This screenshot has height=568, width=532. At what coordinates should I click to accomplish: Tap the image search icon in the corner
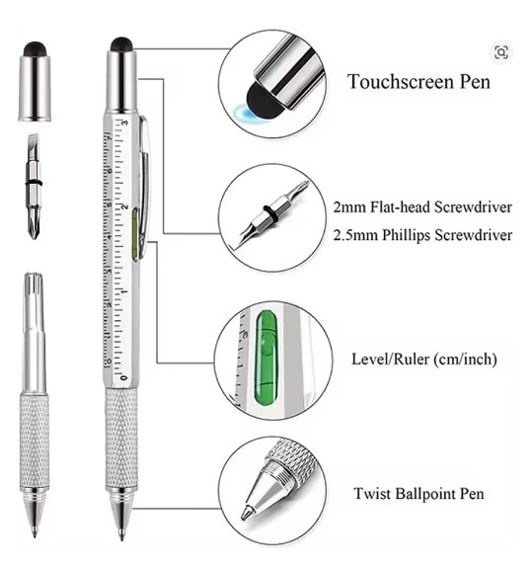pyautogui.click(x=501, y=52)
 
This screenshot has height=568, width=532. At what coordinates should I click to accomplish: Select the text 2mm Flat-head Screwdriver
pyautogui.click(x=422, y=207)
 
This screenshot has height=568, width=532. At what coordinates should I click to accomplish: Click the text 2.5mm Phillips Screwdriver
pyautogui.click(x=422, y=235)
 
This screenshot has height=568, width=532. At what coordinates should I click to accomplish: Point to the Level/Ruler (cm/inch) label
pyautogui.click(x=424, y=360)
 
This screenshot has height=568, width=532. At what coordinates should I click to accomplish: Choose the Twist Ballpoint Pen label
pyautogui.click(x=418, y=494)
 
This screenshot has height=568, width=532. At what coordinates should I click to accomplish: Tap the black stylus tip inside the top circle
pyautogui.click(x=263, y=101)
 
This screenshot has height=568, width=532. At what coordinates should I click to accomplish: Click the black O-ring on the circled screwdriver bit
pyautogui.click(x=270, y=214)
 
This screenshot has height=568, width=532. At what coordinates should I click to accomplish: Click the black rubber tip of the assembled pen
pyautogui.click(x=121, y=43)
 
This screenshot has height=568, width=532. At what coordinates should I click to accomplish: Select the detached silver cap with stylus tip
pyautogui.click(x=35, y=82)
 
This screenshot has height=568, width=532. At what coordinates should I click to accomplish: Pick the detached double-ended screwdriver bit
pyautogui.click(x=34, y=186)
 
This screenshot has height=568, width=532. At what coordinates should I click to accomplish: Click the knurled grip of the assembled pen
pyautogui.click(x=121, y=439)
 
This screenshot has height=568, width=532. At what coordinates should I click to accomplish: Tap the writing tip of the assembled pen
pyautogui.click(x=121, y=536)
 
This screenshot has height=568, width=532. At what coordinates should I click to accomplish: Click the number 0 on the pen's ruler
pyautogui.click(x=124, y=377)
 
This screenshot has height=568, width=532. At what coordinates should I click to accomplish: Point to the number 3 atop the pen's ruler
pyautogui.click(x=124, y=122)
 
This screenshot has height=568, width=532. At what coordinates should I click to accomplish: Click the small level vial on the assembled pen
pyautogui.click(x=135, y=235)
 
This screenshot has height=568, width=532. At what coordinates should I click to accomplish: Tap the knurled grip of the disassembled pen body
pyautogui.click(x=35, y=441)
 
